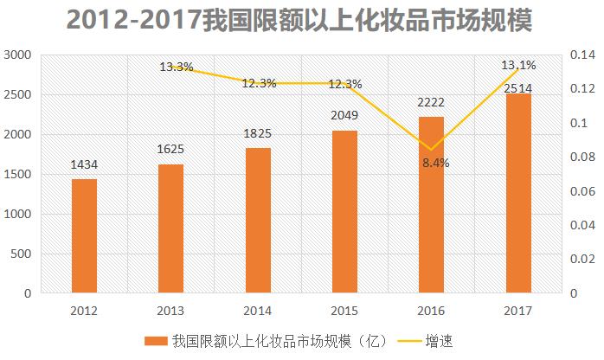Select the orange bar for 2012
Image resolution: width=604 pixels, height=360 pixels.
click(x=84, y=236)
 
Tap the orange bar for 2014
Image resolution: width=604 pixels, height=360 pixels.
click(x=258, y=221)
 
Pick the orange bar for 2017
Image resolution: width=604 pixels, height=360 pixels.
click(x=518, y=193)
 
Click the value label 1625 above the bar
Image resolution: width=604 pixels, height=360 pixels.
click(x=170, y=149)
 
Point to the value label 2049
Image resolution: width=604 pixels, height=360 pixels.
click(x=344, y=116)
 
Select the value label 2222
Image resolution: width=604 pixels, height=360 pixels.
click(x=430, y=102)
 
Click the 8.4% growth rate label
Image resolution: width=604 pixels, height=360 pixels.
click(x=436, y=162)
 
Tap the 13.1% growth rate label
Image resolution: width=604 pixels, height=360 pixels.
click(x=518, y=65)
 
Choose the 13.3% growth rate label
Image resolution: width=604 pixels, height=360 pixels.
click(x=176, y=67)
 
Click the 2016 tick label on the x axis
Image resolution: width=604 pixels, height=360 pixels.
click(x=431, y=311)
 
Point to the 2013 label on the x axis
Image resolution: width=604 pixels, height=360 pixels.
click(x=170, y=311)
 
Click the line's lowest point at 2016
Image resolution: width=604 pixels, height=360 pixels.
click(x=431, y=150)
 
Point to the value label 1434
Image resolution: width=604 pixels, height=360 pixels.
click(x=84, y=164)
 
